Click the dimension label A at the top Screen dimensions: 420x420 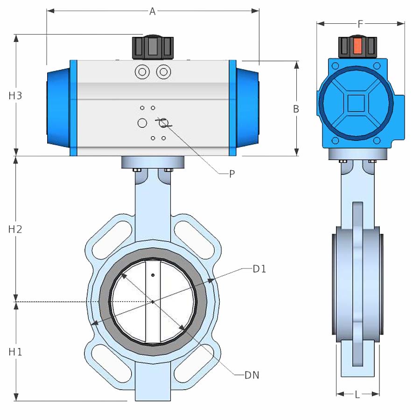153,12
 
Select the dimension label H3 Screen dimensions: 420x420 15,96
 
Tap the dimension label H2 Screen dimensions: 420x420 15,229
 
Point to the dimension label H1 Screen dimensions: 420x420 15,352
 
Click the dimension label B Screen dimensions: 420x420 296,109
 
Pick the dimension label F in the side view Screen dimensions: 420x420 360,24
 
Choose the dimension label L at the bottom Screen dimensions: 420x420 357,394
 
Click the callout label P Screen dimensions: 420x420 232,174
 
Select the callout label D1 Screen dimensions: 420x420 259,269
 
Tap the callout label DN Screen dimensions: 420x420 252,375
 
